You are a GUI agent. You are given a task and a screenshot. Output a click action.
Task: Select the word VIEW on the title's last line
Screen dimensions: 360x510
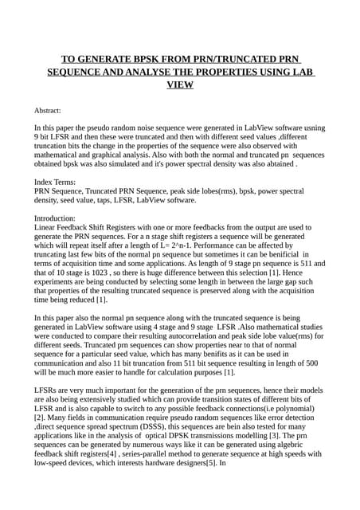tap(180, 84)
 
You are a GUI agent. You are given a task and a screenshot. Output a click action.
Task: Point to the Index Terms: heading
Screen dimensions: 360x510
tap(57, 182)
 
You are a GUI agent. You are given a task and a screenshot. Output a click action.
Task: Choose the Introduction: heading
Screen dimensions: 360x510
tap(60, 218)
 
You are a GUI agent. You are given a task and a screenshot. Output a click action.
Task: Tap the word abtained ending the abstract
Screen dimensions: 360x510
tap(272, 164)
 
